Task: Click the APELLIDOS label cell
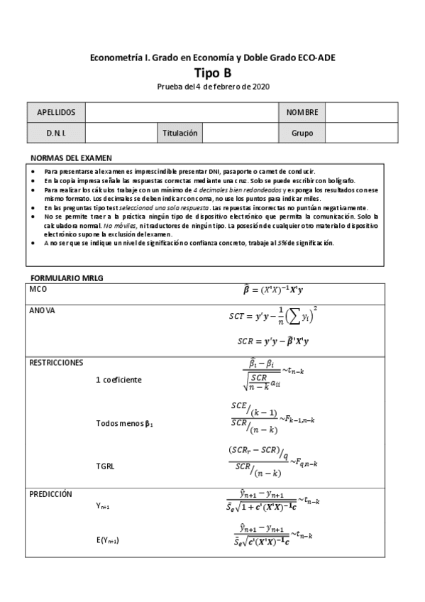pos(56,112)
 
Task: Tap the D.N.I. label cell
pos(56,132)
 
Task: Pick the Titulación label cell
pos(180,132)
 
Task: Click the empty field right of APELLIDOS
pos(182,112)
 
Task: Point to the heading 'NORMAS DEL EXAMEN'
pos(71,158)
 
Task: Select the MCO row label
pos(38,290)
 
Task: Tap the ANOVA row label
pos(42,311)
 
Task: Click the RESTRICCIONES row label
pos(56,362)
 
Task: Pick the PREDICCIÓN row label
pos(50,493)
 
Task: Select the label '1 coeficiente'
pos(118,380)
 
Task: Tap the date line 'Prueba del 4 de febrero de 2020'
pos(213,87)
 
